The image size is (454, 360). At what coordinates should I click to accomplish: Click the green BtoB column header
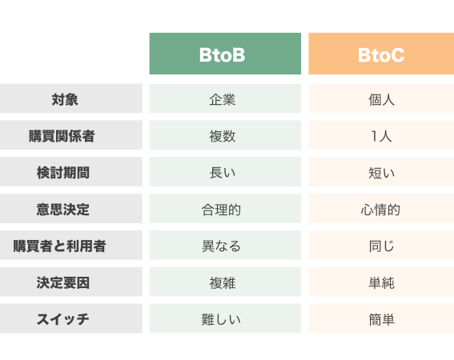pyautogui.click(x=225, y=54)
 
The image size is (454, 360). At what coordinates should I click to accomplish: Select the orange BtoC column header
pyautogui.click(x=381, y=54)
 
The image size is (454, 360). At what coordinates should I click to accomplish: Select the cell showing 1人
pyautogui.click(x=381, y=136)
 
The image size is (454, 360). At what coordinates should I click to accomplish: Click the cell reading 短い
pyautogui.click(x=381, y=173)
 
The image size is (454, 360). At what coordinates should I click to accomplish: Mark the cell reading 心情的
pyautogui.click(x=380, y=210)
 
